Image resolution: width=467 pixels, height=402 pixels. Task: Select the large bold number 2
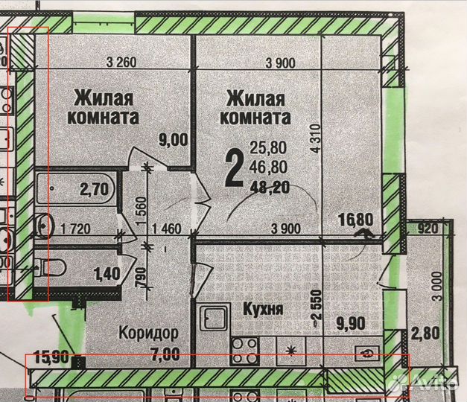233,168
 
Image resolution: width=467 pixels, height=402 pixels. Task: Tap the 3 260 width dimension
121,63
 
